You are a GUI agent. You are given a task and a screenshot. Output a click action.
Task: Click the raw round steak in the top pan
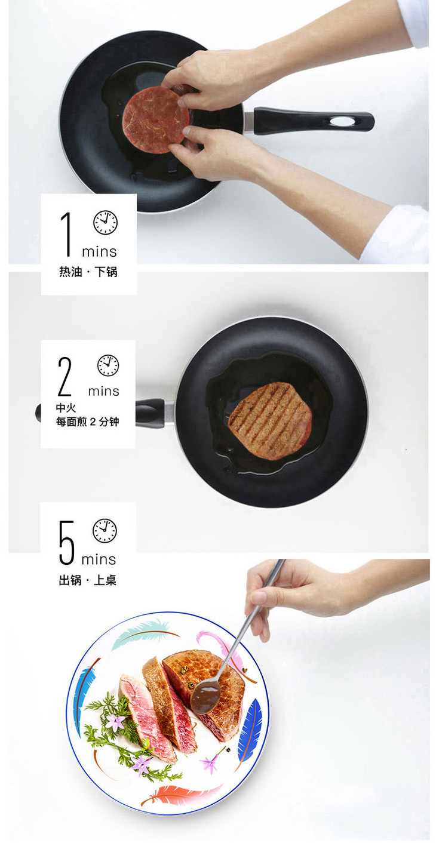155,119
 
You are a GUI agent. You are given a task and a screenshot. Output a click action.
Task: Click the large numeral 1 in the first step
67,233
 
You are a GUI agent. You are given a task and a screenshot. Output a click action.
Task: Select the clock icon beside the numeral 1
106,223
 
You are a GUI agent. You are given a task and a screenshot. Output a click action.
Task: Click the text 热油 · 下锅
88,272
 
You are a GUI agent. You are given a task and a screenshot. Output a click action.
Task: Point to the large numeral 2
65,377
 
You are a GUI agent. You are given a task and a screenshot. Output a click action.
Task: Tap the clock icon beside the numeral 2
108,365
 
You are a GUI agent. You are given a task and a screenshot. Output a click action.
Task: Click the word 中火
66,408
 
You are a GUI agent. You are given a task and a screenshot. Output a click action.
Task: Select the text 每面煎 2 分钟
87,422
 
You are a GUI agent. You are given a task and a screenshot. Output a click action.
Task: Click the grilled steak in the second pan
270,421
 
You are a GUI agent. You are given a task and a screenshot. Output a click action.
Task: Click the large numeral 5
67,542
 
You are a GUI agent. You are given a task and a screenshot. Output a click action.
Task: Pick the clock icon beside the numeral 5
105,531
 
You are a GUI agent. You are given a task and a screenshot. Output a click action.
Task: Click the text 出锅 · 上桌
87,580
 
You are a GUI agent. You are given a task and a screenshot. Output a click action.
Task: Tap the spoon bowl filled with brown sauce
205,694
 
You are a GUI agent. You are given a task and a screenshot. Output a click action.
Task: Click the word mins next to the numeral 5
99,559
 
